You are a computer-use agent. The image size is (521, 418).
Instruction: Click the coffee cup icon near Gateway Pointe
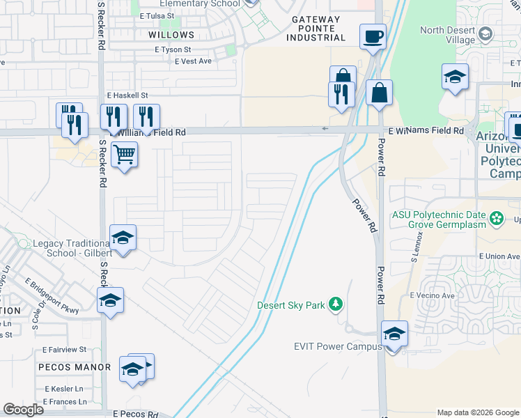373,36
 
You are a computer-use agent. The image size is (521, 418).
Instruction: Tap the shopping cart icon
124,154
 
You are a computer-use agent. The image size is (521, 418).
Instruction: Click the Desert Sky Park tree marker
336,304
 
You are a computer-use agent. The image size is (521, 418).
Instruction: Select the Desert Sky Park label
291,304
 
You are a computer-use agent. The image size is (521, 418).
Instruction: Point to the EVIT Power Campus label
336,346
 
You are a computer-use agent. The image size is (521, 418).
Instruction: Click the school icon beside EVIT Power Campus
394,334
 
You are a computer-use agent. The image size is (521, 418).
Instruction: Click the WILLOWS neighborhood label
171,35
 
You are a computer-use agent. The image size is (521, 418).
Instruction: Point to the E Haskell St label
127,95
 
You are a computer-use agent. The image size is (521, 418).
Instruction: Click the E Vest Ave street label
193,61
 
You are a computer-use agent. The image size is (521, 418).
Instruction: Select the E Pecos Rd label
136,413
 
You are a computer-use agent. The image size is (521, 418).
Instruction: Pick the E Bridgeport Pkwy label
52,295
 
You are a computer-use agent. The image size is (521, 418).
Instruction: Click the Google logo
23,410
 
